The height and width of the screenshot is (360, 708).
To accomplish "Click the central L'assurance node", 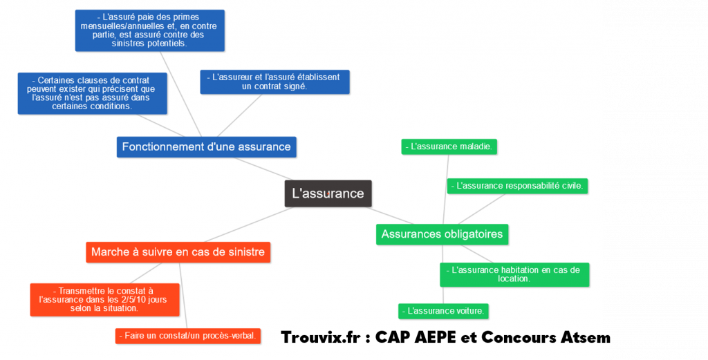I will pos(328,193).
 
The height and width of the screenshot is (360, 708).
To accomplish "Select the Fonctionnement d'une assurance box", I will pos(206,146).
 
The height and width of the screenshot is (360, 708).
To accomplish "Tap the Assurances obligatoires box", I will pos(442,234).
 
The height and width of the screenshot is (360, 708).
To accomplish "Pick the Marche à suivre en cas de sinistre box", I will pos(178,252).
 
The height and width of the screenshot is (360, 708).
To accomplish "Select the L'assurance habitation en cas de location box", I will pos(514,274).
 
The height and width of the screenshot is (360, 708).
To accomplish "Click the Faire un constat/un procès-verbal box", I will pos(188,336).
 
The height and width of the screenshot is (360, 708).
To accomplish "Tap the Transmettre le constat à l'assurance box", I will pos(104,300).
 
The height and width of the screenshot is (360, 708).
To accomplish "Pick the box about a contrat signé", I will pos(275,82).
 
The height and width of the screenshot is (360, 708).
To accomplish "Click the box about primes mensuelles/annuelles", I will pos(149,30).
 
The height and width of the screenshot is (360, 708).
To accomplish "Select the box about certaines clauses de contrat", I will pos(93,93).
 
